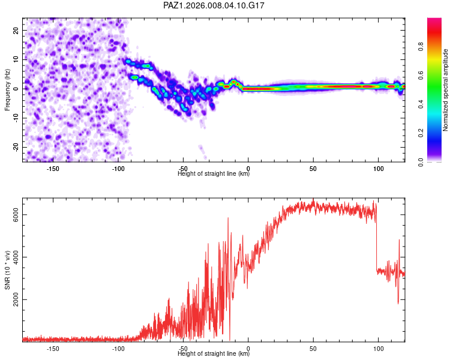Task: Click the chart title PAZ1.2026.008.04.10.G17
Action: tap(214, 5)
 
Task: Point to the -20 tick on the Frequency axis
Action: tap(16, 147)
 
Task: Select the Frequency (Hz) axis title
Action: tap(7, 89)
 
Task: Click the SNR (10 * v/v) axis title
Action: tap(7, 271)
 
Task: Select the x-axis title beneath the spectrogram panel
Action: tap(214, 174)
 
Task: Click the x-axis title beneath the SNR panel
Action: tap(214, 354)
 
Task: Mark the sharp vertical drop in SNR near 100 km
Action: tap(377, 240)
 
